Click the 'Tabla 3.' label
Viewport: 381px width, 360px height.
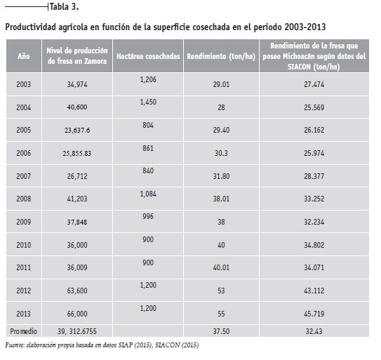[x=65, y=7]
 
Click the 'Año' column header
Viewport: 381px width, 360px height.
[x=24, y=56]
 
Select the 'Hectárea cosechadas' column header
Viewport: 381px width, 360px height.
[x=148, y=56]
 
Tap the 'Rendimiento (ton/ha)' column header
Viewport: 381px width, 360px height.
[x=221, y=56]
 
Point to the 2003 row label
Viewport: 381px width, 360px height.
[x=24, y=84]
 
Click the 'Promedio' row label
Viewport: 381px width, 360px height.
[x=24, y=331]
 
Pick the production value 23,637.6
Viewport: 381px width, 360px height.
[x=77, y=131]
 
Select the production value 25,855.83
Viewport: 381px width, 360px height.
[x=77, y=154]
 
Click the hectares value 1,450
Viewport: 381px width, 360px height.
[x=148, y=102]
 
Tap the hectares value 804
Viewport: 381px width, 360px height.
[x=148, y=125]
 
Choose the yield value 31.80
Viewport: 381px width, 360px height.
[x=221, y=176]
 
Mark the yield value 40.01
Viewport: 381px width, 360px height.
[x=221, y=267]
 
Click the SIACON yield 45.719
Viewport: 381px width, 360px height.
[x=314, y=314]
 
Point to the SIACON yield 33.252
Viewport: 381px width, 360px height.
[x=314, y=199]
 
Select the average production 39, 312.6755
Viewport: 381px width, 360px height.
[x=77, y=331]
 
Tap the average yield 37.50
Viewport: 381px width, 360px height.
[x=221, y=331]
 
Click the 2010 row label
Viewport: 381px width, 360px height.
[x=24, y=245]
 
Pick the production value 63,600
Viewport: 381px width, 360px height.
[x=77, y=291]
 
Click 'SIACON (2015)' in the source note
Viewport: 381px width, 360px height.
[x=177, y=345]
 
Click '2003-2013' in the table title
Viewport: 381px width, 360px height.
[x=305, y=27]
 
